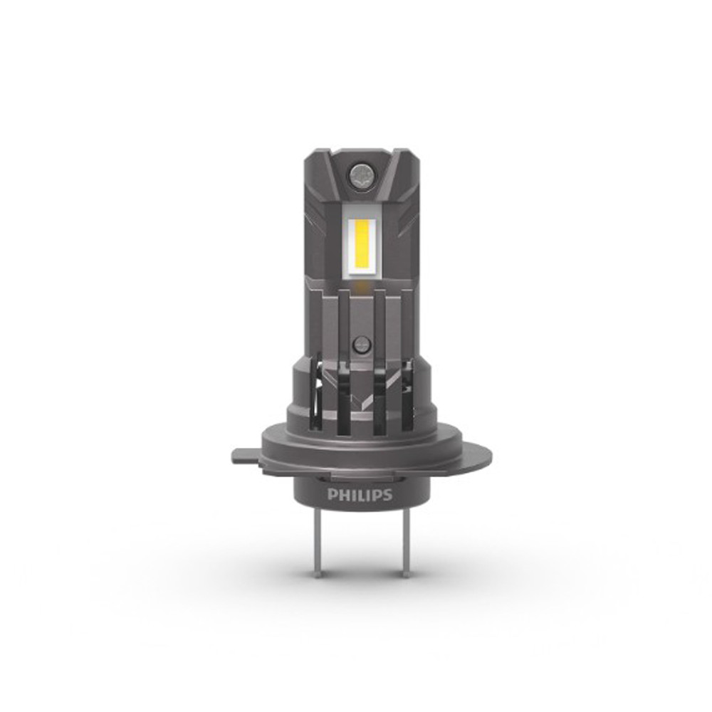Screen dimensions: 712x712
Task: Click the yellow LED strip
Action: pos(362,246)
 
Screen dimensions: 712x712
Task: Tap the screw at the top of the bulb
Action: pos(360,174)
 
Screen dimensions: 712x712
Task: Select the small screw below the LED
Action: pos(362,344)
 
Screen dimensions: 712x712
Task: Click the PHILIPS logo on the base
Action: pos(360,495)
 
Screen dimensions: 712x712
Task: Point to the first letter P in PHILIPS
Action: pos(332,495)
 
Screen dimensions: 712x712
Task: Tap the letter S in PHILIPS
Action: pos(387,495)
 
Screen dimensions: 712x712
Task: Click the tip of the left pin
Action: pos(320,577)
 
